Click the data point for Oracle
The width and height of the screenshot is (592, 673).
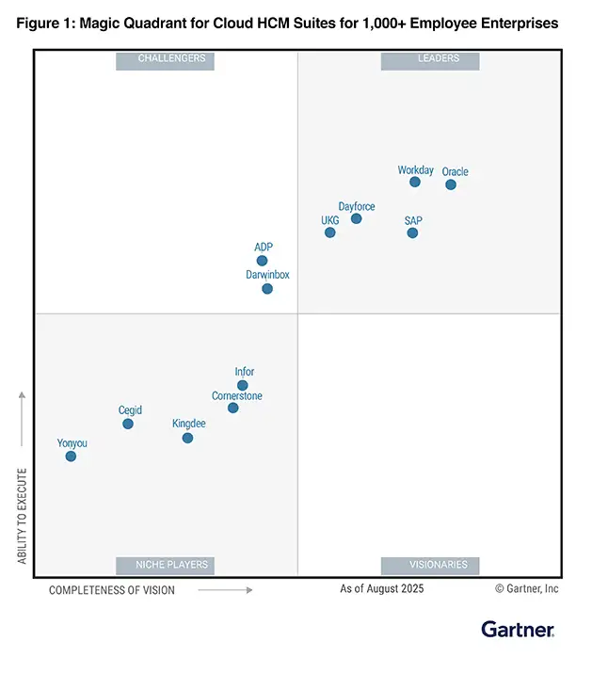pyautogui.click(x=451, y=184)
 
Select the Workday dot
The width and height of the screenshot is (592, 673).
pyautogui.click(x=415, y=182)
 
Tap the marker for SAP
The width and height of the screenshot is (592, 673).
pyautogui.click(x=412, y=232)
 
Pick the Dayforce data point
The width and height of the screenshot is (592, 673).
pyautogui.click(x=357, y=218)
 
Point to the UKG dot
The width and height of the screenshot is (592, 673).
pyautogui.click(x=330, y=232)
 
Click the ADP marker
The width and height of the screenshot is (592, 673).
pyautogui.click(x=263, y=261)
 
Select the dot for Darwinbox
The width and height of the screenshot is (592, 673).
pyautogui.click(x=267, y=289)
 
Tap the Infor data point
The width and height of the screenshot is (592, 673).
pyautogui.click(x=243, y=385)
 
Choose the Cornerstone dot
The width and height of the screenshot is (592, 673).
pyautogui.click(x=233, y=408)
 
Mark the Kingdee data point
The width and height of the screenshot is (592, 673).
pyautogui.click(x=187, y=438)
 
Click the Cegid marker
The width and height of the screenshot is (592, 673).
pyautogui.click(x=128, y=424)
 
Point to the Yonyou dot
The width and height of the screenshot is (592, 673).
pyautogui.click(x=71, y=457)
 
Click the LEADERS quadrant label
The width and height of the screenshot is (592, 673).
pyautogui.click(x=430, y=59)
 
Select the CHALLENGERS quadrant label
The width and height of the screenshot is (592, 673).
pyautogui.click(x=166, y=59)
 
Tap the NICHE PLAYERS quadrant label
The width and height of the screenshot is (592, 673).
pyautogui.click(x=166, y=565)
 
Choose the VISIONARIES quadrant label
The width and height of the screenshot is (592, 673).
pyautogui.click(x=430, y=565)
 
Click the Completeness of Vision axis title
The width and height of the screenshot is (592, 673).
pyautogui.click(x=111, y=590)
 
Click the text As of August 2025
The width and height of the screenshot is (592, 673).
pyautogui.click(x=382, y=589)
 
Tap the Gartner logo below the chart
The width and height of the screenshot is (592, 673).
pyautogui.click(x=518, y=629)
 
